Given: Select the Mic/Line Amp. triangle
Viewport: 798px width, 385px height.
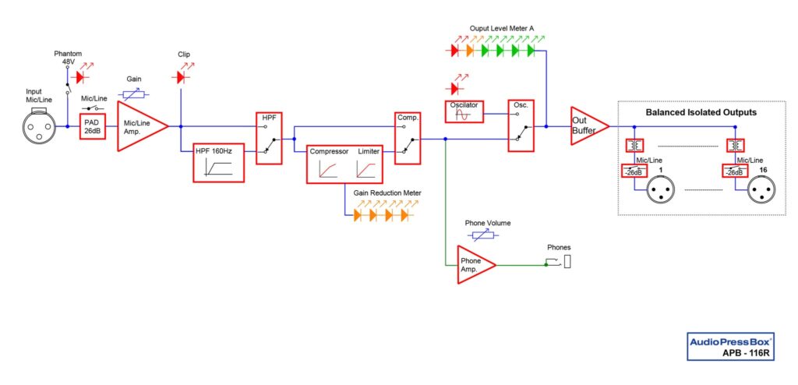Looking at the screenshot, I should click(139, 125).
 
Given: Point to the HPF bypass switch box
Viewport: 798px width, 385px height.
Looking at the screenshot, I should click(268, 138).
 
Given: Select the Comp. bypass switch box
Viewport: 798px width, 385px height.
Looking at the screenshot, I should click(408, 138).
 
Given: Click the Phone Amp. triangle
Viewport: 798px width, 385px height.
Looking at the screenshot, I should click(472, 264).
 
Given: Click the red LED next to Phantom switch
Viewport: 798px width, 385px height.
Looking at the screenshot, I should click(79, 77).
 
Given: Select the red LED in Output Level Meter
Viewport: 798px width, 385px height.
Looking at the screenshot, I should click(455, 51).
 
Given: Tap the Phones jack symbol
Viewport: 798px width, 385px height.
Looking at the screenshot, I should click(567, 262).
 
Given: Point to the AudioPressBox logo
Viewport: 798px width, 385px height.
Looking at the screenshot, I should click(729, 341).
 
